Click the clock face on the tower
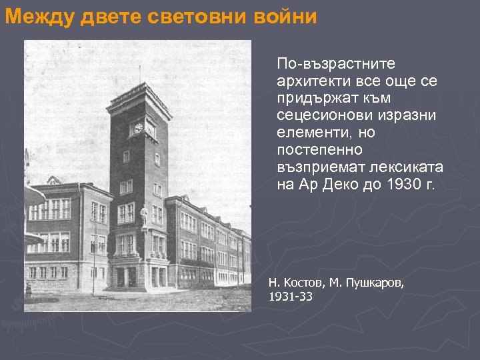[x=139, y=127]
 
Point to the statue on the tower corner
[x=145, y=215]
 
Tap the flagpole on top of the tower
[x=139, y=74]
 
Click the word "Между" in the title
[x=40, y=18]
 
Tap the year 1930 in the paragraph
[x=403, y=184]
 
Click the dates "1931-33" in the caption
[x=290, y=297]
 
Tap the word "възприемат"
[x=316, y=167]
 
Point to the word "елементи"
[x=310, y=132]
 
